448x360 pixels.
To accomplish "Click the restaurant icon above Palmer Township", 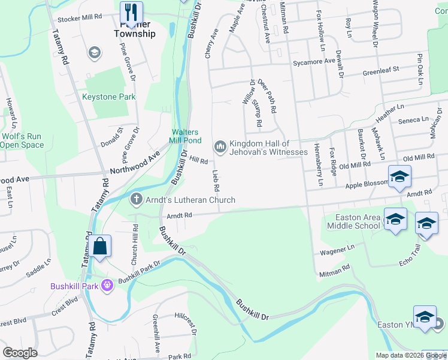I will (x=131, y=12).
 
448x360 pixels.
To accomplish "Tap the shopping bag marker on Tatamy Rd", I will (x=99, y=246).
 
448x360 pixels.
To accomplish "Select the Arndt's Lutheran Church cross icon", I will (x=137, y=200).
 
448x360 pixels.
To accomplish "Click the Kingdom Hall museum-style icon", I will (x=220, y=146).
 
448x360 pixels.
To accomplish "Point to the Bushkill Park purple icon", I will (x=108, y=286).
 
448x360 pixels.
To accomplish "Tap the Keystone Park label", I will (x=108, y=97).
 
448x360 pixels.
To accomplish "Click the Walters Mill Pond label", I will (x=184, y=136).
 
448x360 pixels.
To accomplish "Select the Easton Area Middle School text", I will (x=353, y=221).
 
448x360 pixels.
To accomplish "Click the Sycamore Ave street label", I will (x=313, y=62).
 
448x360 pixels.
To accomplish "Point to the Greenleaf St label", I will (x=381, y=71).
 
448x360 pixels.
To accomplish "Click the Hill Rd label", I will (x=198, y=161).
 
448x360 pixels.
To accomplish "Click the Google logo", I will (x=20, y=353).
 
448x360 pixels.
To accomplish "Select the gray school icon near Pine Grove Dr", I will (x=93, y=53).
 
